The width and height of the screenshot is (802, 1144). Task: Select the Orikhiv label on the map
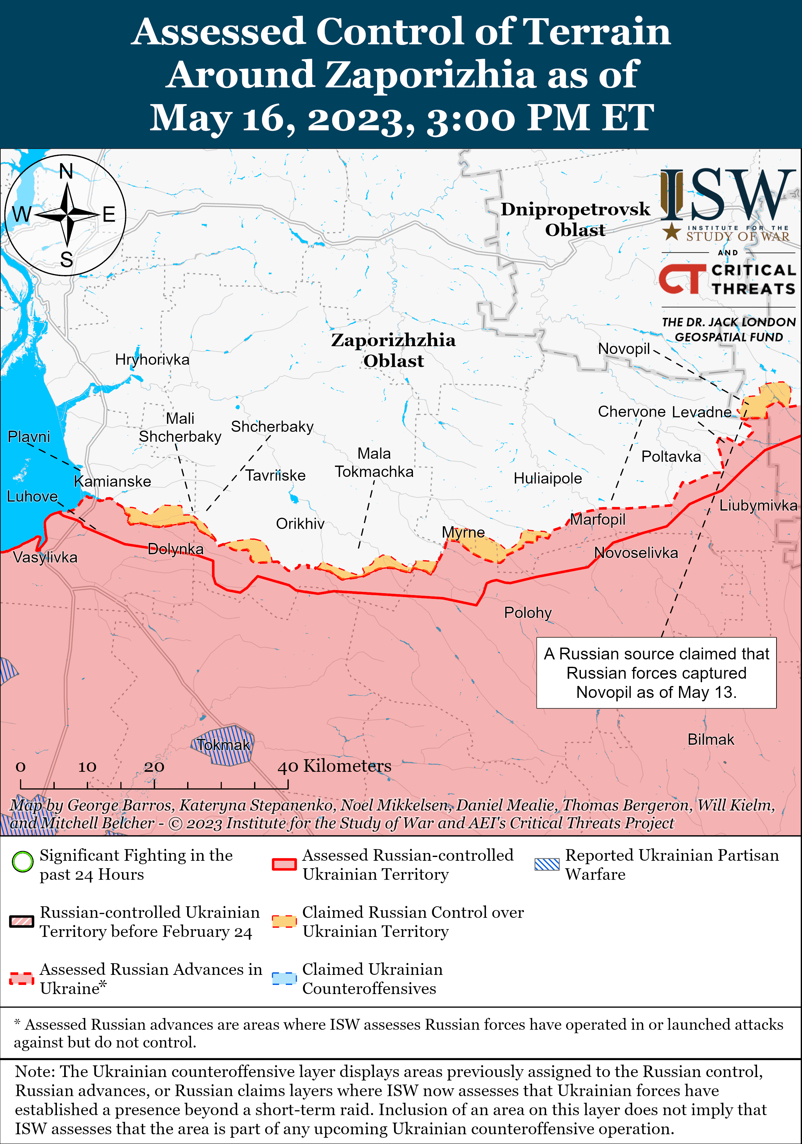pos(300,524)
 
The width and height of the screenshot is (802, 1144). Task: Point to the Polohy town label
pos(527,612)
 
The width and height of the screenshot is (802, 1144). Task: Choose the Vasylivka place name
pos(45,557)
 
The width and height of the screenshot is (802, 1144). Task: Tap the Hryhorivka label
pos(152,359)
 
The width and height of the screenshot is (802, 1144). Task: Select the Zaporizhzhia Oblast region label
pos(393,350)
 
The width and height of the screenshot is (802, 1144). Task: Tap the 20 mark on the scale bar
pos(154,766)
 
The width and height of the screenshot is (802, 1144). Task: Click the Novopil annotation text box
pos(656,673)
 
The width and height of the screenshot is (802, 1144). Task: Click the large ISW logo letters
pos(728,195)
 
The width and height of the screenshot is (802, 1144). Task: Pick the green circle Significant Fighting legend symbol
pos(22,861)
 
